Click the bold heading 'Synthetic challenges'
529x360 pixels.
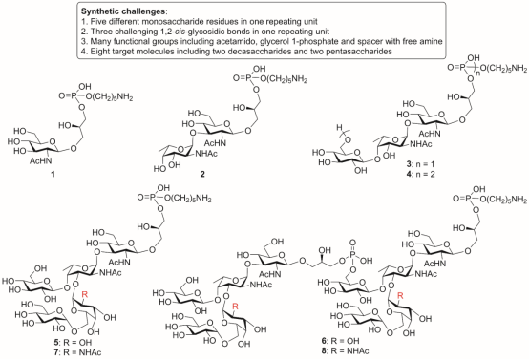pyautogui.click(x=123, y=11)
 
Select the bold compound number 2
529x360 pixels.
pyautogui.click(x=202, y=174)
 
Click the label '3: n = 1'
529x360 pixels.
pyautogui.click(x=420, y=164)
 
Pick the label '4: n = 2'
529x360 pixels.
pyautogui.click(x=420, y=175)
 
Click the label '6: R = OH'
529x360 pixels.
pyautogui.click(x=340, y=341)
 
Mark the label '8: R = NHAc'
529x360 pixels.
pyautogui.click(x=345, y=350)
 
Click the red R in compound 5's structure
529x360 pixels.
pyautogui.click(x=85, y=294)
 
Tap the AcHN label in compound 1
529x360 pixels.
pyautogui.click(x=41, y=161)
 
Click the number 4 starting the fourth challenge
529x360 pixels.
pyautogui.click(x=83, y=52)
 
